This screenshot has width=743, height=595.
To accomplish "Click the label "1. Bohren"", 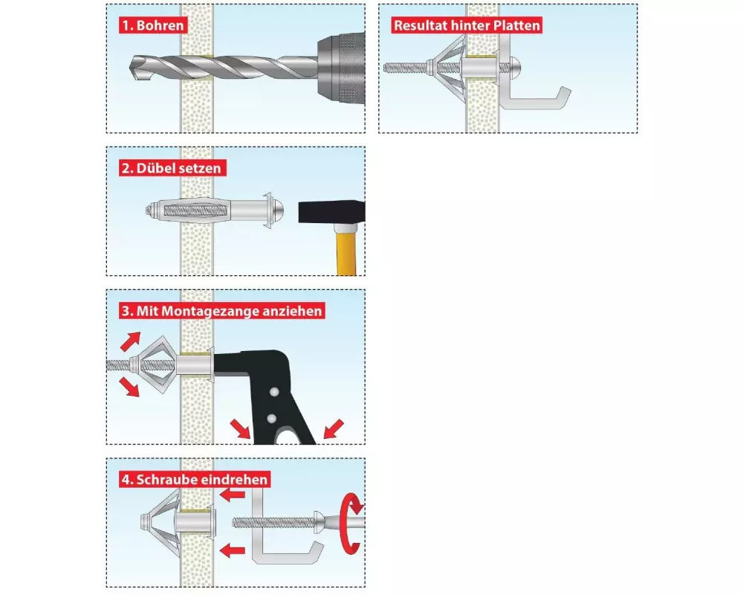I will [153, 25].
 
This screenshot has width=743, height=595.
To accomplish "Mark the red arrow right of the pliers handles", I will [334, 428].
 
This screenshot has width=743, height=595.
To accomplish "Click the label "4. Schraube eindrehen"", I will [194, 480].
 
